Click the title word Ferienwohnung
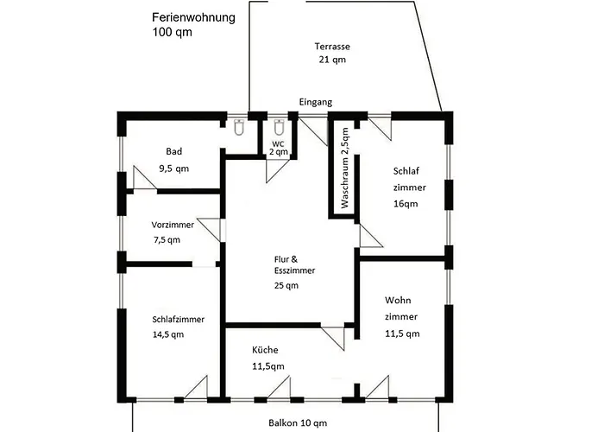click(x=193, y=17)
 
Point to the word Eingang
click(x=315, y=102)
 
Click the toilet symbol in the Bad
click(x=239, y=128)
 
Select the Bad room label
click(x=174, y=150)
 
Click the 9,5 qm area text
click(x=173, y=168)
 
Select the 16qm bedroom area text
click(x=405, y=205)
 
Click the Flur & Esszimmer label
click(x=288, y=264)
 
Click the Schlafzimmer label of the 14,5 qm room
click(x=178, y=319)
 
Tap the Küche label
click(x=265, y=351)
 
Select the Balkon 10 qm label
click(x=297, y=422)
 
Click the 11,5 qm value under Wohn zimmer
click(x=402, y=333)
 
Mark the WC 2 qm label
click(x=278, y=147)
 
